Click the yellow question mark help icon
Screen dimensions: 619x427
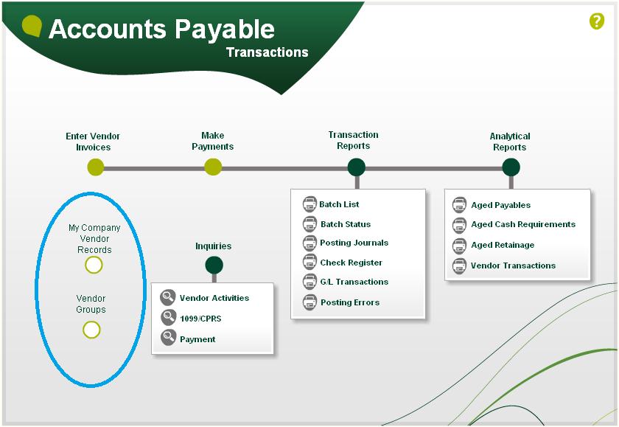596,21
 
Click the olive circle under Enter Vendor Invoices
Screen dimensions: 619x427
96,167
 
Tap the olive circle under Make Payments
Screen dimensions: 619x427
213,167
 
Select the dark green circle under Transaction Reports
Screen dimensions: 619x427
357,167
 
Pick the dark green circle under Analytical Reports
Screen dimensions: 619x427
511,167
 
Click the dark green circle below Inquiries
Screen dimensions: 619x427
214,265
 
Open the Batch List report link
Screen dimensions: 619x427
339,204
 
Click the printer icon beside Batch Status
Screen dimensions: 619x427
309,224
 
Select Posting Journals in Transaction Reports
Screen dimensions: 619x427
354,243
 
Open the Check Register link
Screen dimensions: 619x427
351,263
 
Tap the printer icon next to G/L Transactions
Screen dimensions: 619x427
309,282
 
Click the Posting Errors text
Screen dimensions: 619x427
350,302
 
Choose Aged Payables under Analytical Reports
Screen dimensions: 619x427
500,205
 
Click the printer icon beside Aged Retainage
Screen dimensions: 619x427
459,246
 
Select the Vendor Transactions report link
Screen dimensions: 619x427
513,265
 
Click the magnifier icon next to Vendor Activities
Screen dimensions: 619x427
168,297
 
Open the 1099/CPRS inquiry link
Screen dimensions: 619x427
200,319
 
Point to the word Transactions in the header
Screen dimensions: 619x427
267,52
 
